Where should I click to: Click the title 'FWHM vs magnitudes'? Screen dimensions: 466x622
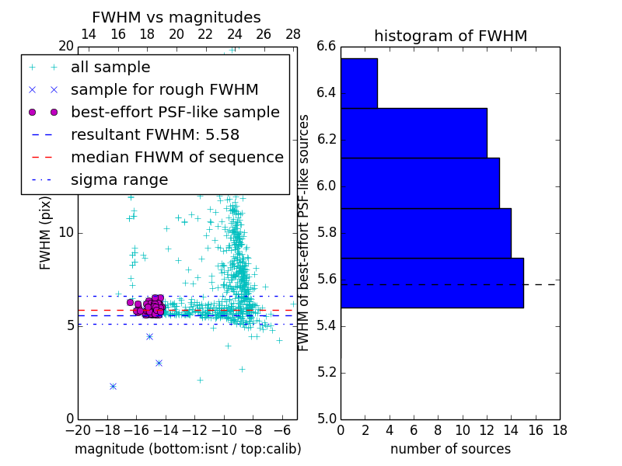tap(176, 18)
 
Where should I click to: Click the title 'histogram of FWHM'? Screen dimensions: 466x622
tap(450, 36)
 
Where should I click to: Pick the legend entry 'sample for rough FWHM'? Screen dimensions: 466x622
tap(164, 90)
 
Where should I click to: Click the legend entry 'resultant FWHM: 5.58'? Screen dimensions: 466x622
tap(155, 135)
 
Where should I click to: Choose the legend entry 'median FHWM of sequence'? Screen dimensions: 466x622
tap(176, 158)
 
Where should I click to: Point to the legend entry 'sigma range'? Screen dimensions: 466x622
tap(119, 180)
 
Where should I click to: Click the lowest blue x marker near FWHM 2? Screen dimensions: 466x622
tap(113, 386)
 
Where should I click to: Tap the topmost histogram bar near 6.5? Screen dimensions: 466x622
tap(358, 83)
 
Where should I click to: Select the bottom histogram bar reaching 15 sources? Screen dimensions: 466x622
tap(432, 283)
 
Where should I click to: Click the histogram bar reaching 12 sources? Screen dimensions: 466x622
tap(414, 133)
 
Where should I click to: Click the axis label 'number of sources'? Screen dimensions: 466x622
tap(450, 449)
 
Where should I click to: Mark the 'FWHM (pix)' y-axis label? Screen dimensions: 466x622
tap(46, 233)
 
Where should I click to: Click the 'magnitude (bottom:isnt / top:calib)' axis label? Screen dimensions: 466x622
tap(187, 449)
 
